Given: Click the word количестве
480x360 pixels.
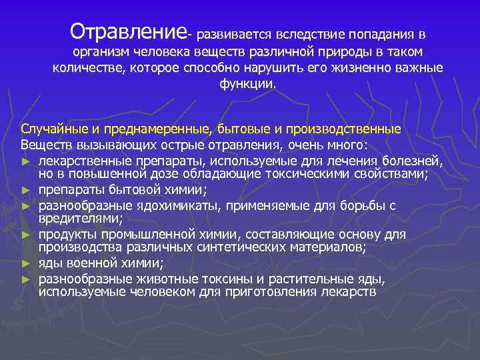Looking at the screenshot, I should [86, 68].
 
